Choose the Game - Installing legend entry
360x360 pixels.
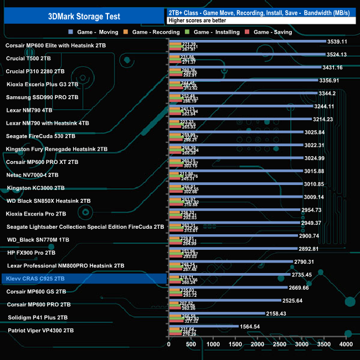pos(219,32)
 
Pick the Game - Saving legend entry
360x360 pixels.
pos(275,32)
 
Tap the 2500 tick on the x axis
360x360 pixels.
pos(280,344)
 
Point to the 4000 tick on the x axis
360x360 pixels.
pos(346,344)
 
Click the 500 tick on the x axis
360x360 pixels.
pos(191,344)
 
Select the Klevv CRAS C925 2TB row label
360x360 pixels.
pos(37,279)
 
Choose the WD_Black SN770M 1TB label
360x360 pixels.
pos(38,240)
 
